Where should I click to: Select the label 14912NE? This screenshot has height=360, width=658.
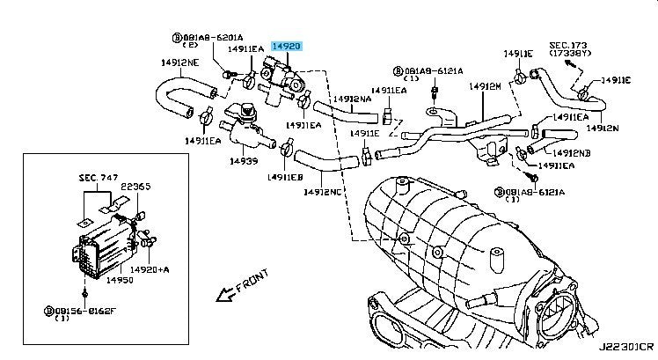click(x=179, y=62)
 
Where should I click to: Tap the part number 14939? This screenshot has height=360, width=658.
click(x=243, y=161)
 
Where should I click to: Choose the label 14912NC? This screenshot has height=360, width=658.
click(x=323, y=191)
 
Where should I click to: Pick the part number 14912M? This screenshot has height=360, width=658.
click(x=485, y=87)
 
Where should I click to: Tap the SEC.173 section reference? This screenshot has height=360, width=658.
click(x=567, y=45)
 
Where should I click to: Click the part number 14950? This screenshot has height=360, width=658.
click(x=119, y=281)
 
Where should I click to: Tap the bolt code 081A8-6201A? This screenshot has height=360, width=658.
click(x=204, y=38)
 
